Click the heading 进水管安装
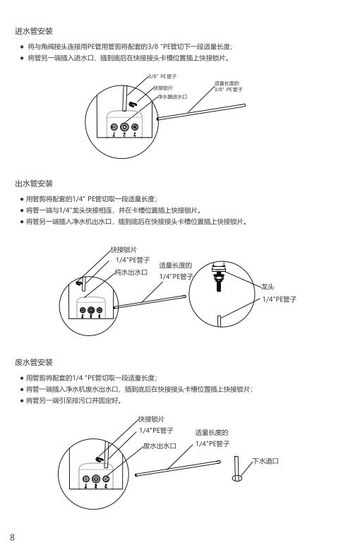pyautogui.click(x=34, y=31)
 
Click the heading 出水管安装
pyautogui.click(x=34, y=184)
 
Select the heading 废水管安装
pyautogui.click(x=34, y=362)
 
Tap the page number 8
pyautogui.click(x=12, y=537)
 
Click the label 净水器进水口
pyautogui.click(x=172, y=97)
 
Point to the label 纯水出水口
pyautogui.click(x=131, y=273)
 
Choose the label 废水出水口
pyautogui.click(x=160, y=446)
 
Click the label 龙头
pyautogui.click(x=268, y=287)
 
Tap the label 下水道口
pyautogui.click(x=265, y=461)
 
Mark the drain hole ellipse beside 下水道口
pyautogui.click(x=237, y=478)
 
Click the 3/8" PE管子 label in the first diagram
pyautogui.click(x=162, y=76)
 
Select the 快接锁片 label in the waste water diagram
pyautogui.click(x=151, y=419)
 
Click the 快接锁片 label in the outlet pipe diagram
pyautogui.click(x=124, y=250)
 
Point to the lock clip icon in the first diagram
pyautogui.click(x=133, y=104)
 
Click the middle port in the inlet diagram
pyautogui.click(x=124, y=127)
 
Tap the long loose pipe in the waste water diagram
pyautogui.click(x=178, y=468)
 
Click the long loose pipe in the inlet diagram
pyautogui.click(x=201, y=112)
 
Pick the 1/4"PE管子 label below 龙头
pyautogui.click(x=280, y=299)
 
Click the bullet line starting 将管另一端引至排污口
pyautogui.click(x=74, y=400)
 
